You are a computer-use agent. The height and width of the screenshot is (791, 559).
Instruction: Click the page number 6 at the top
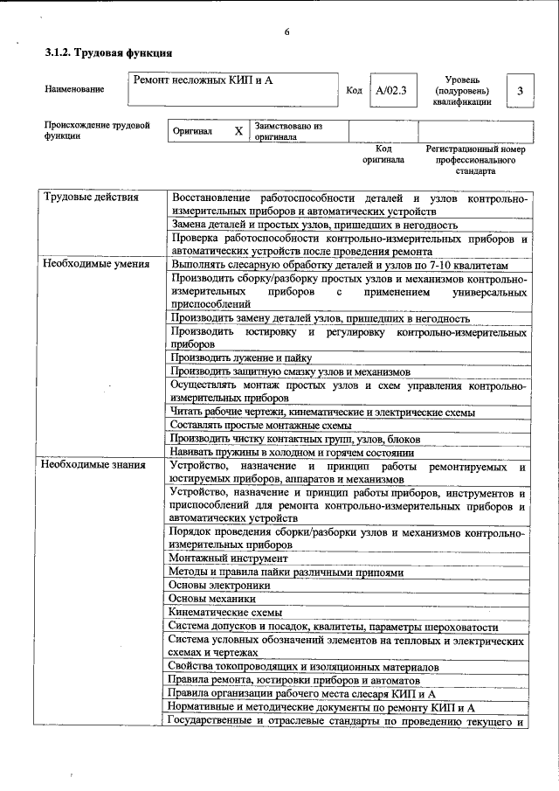(x=286, y=32)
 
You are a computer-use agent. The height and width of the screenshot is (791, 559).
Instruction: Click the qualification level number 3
(x=520, y=90)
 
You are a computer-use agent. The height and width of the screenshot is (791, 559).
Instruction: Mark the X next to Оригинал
(x=238, y=131)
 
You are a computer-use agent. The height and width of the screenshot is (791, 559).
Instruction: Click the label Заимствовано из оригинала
(x=288, y=132)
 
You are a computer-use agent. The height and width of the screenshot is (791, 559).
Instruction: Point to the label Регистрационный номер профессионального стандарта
(x=476, y=161)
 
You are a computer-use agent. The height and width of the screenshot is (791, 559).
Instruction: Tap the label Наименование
(x=74, y=89)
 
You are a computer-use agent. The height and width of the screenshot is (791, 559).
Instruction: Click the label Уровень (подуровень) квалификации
(x=461, y=90)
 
